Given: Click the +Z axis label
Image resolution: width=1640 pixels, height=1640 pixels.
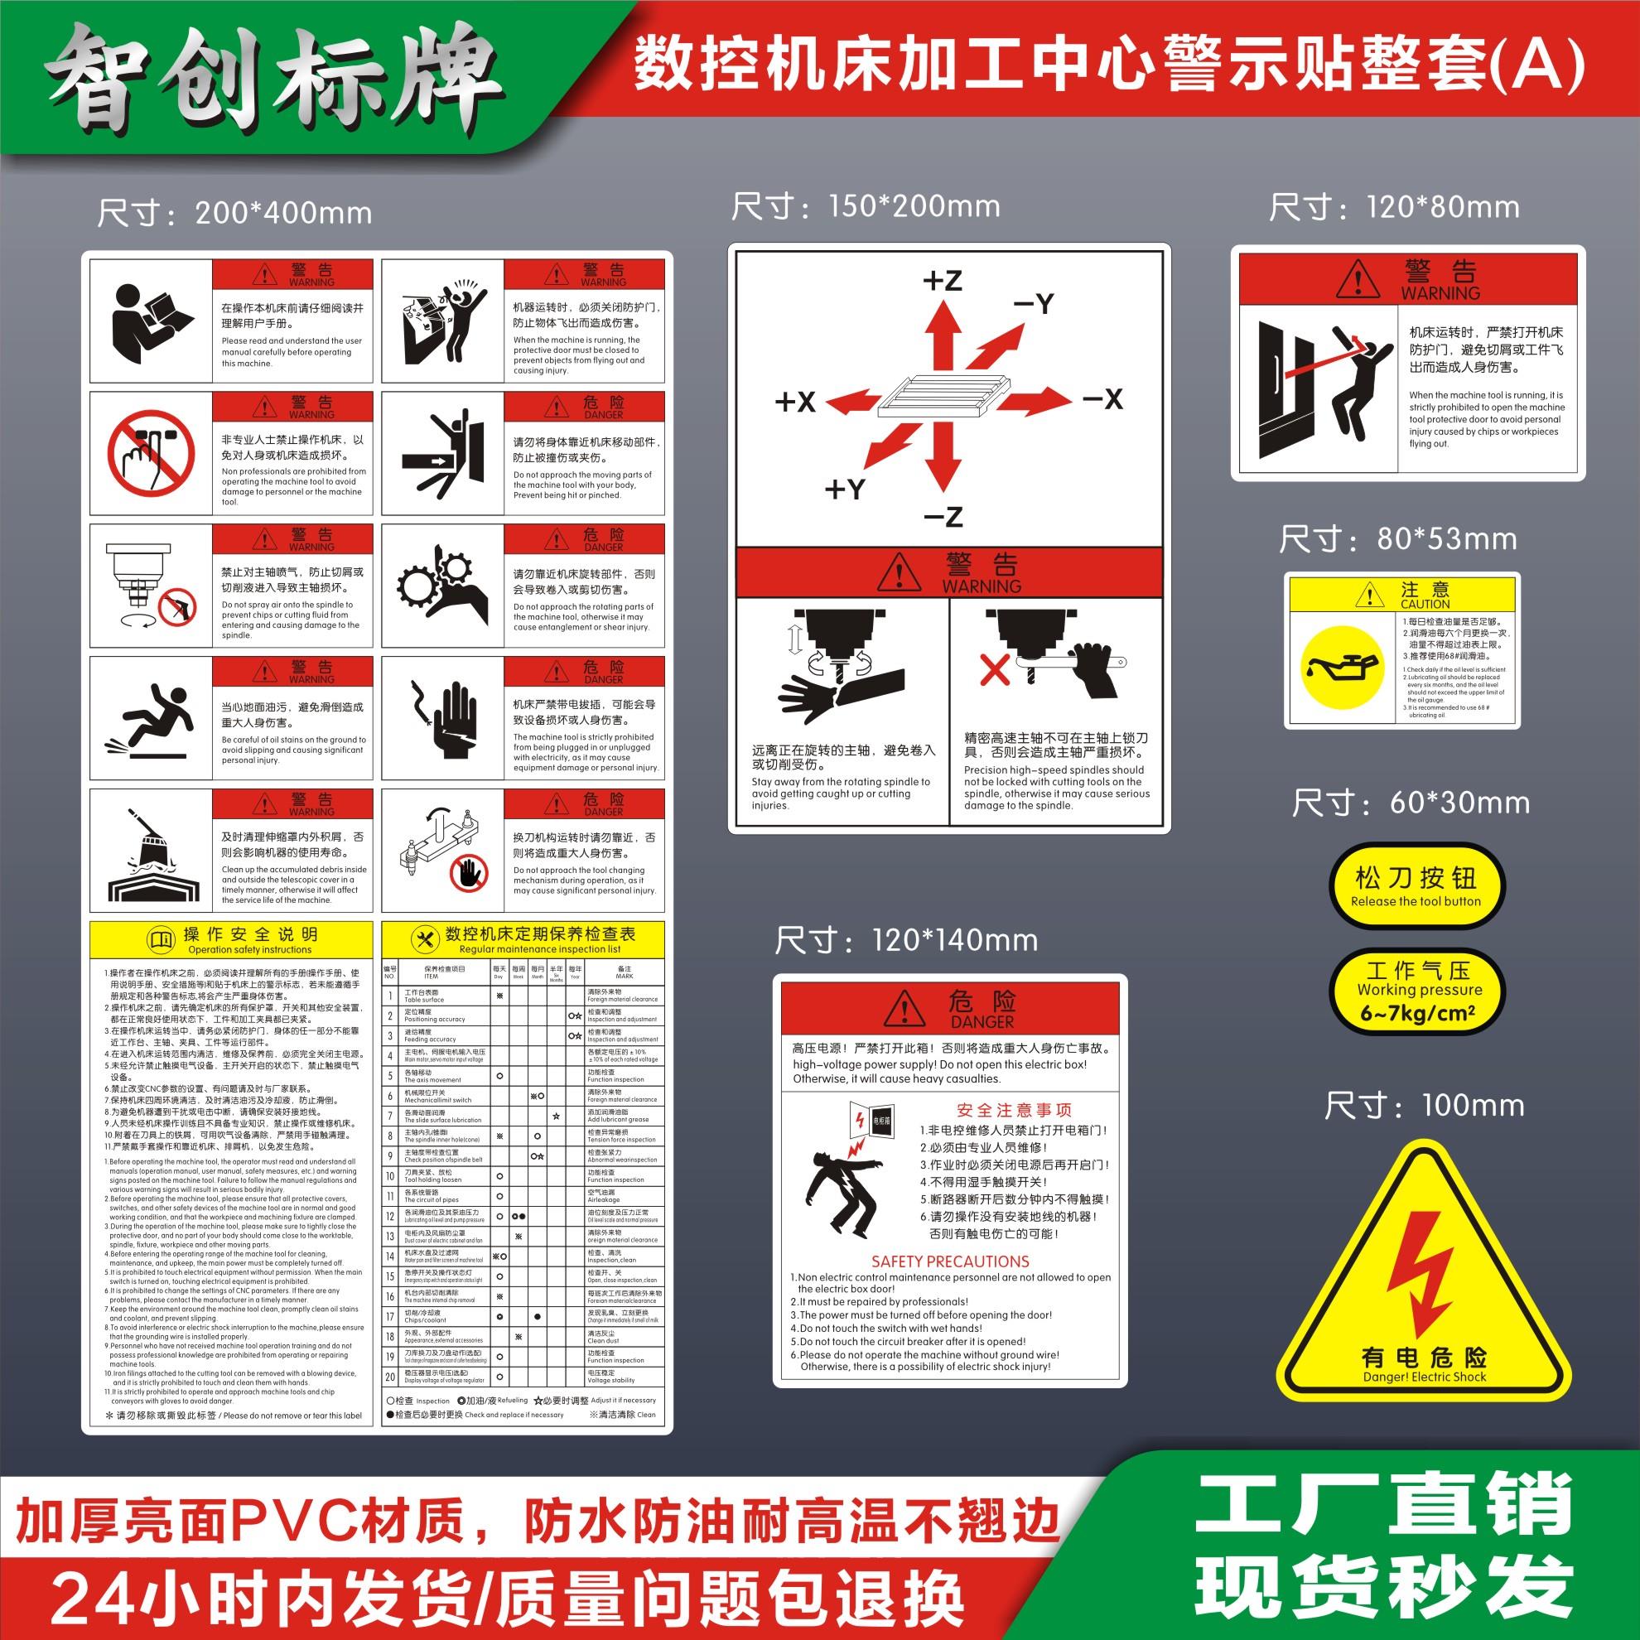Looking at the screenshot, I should [x=943, y=280].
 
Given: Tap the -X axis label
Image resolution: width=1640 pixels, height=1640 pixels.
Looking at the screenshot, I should [x=1102, y=399].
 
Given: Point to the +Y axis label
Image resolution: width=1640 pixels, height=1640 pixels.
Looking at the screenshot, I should [x=845, y=489].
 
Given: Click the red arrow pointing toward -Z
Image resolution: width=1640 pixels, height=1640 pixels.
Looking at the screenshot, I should [x=943, y=459].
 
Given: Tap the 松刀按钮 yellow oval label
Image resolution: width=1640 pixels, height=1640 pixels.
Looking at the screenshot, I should [x=1416, y=885].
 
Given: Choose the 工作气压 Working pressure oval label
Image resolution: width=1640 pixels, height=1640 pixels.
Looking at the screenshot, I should [x=1419, y=991].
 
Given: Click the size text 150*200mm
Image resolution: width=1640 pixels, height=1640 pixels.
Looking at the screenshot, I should [x=866, y=207].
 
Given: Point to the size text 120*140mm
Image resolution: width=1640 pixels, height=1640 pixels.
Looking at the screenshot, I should [x=906, y=941].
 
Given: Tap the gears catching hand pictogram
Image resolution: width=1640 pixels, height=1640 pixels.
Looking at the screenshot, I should [x=442, y=586].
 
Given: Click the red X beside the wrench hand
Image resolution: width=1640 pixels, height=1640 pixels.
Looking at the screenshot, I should [x=995, y=669].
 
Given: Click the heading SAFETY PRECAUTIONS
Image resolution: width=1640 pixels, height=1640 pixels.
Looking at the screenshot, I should [x=950, y=1261].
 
